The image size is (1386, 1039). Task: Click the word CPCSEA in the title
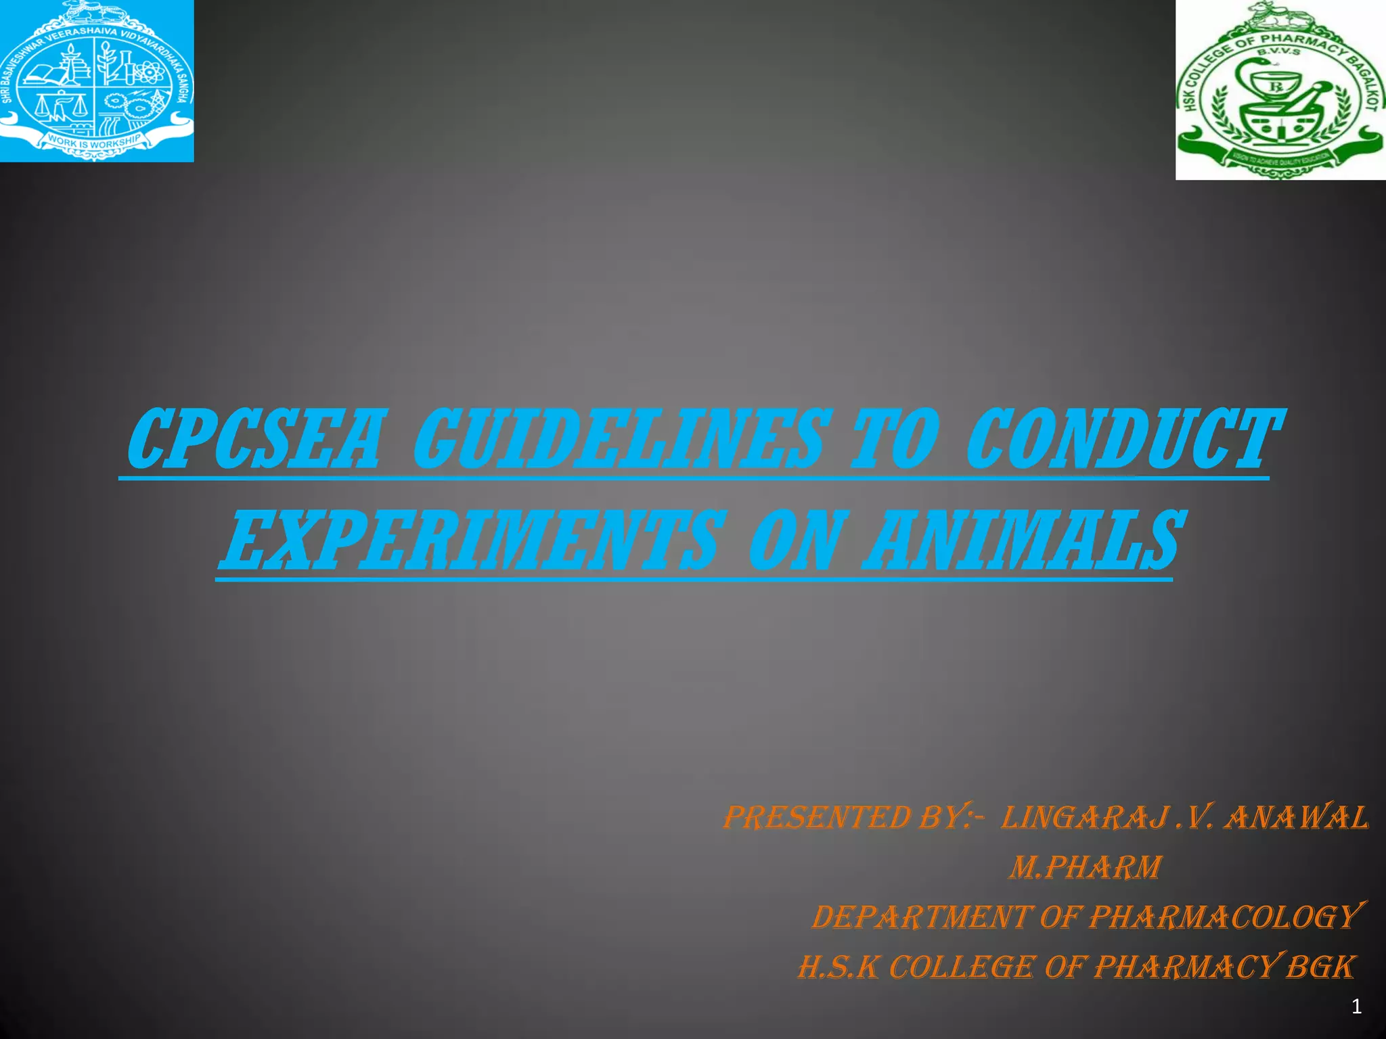pyautogui.click(x=254, y=440)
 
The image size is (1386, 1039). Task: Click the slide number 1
pyautogui.click(x=1356, y=1007)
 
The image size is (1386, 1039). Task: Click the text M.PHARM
pyautogui.click(x=1086, y=868)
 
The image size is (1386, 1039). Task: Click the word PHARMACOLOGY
pyautogui.click(x=1225, y=918)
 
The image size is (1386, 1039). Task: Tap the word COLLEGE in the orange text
pyautogui.click(x=961, y=968)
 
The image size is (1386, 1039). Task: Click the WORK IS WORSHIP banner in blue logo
pyautogui.click(x=95, y=141)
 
